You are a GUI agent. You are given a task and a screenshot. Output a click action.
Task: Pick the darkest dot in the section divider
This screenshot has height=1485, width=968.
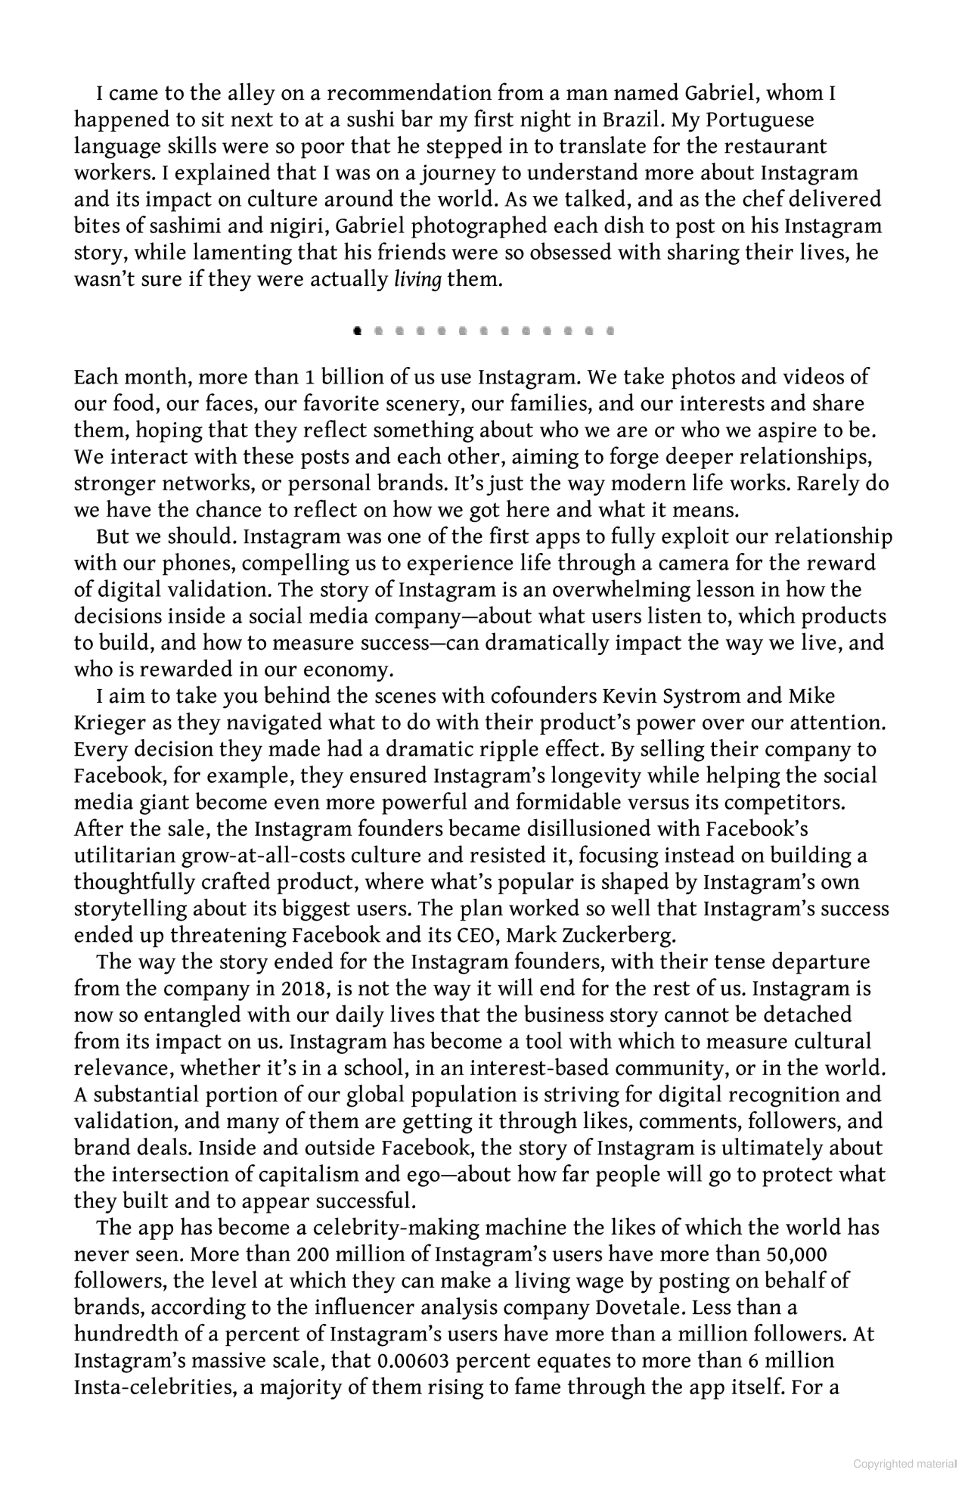point(358,331)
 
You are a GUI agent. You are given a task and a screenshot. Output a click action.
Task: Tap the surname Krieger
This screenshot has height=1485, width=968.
point(110,722)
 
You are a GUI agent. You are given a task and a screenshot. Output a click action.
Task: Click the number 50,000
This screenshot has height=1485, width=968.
point(796,1254)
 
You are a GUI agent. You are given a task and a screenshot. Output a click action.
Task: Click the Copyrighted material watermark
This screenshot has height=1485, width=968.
point(905,1464)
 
